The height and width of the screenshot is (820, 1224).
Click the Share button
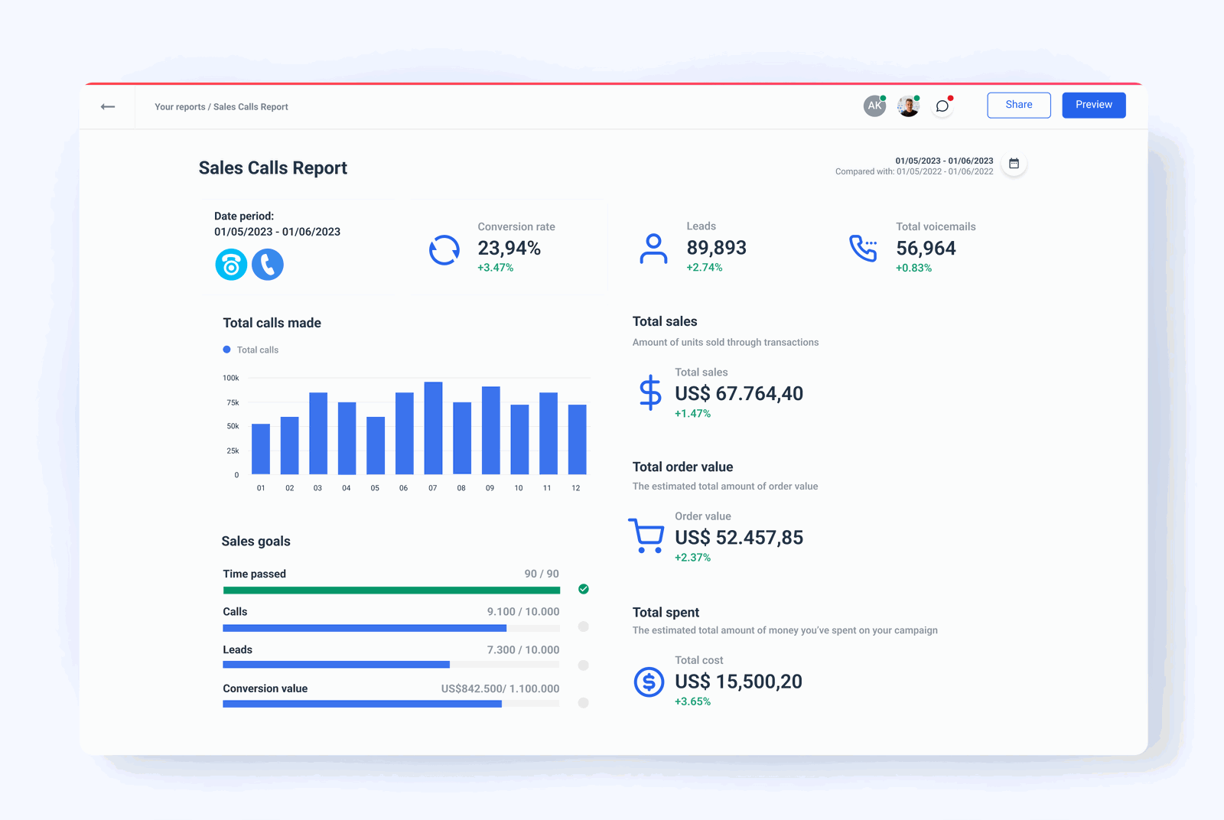tap(1018, 105)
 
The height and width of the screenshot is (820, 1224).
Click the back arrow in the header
tap(108, 106)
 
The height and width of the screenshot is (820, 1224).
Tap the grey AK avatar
tap(874, 106)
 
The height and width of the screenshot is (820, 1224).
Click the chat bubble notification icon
tap(942, 106)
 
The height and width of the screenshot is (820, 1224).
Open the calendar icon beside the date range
tap(1014, 164)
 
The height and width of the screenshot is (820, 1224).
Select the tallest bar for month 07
tap(433, 428)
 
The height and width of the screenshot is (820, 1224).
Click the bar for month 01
tap(261, 449)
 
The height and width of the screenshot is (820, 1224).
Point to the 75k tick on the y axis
tap(233, 402)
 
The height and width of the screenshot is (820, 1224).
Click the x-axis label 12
tap(575, 488)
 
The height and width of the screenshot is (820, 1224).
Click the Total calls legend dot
tap(226, 350)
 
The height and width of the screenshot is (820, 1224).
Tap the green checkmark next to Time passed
tap(584, 589)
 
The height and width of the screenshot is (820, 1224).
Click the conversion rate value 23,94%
tap(509, 248)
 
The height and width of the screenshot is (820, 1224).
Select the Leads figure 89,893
tap(716, 248)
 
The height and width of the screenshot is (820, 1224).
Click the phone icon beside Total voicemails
tap(863, 248)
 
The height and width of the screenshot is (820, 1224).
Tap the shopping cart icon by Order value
tap(646, 535)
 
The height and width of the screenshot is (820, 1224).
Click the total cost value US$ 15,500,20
tap(738, 682)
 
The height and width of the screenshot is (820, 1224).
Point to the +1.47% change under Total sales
tap(692, 414)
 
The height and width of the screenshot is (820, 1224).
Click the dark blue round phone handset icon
tap(268, 265)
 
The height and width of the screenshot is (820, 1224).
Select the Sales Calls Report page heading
tap(272, 168)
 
